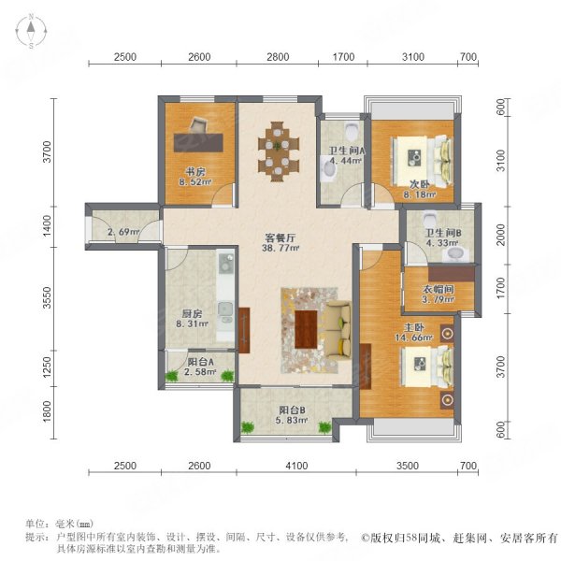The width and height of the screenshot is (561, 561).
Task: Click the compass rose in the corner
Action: [31, 32]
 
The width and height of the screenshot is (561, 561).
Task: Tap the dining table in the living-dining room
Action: [278, 151]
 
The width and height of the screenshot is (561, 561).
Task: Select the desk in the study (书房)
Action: [198, 143]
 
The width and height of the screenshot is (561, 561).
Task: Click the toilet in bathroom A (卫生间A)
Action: [352, 132]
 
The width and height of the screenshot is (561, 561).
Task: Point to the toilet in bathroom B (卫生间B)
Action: [429, 218]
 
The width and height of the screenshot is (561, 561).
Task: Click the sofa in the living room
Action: [338, 329]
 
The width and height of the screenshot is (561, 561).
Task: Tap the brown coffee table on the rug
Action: [306, 329]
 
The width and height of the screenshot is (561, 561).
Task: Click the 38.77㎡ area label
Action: [280, 248]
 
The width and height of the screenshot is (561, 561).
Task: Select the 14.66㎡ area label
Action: [414, 337]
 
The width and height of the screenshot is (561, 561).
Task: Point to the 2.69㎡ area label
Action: [123, 232]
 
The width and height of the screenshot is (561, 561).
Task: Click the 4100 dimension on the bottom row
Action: [296, 466]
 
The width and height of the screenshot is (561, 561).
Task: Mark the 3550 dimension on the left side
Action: [48, 297]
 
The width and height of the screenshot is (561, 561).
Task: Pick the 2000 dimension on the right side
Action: [501, 235]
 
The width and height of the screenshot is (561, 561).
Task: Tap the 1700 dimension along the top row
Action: [343, 57]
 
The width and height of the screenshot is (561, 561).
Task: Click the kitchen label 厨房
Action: [192, 314]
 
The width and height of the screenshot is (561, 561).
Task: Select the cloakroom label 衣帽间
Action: [439, 289]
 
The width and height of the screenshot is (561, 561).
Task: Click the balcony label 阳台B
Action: [292, 410]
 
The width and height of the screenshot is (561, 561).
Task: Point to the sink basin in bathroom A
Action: [329, 170]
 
